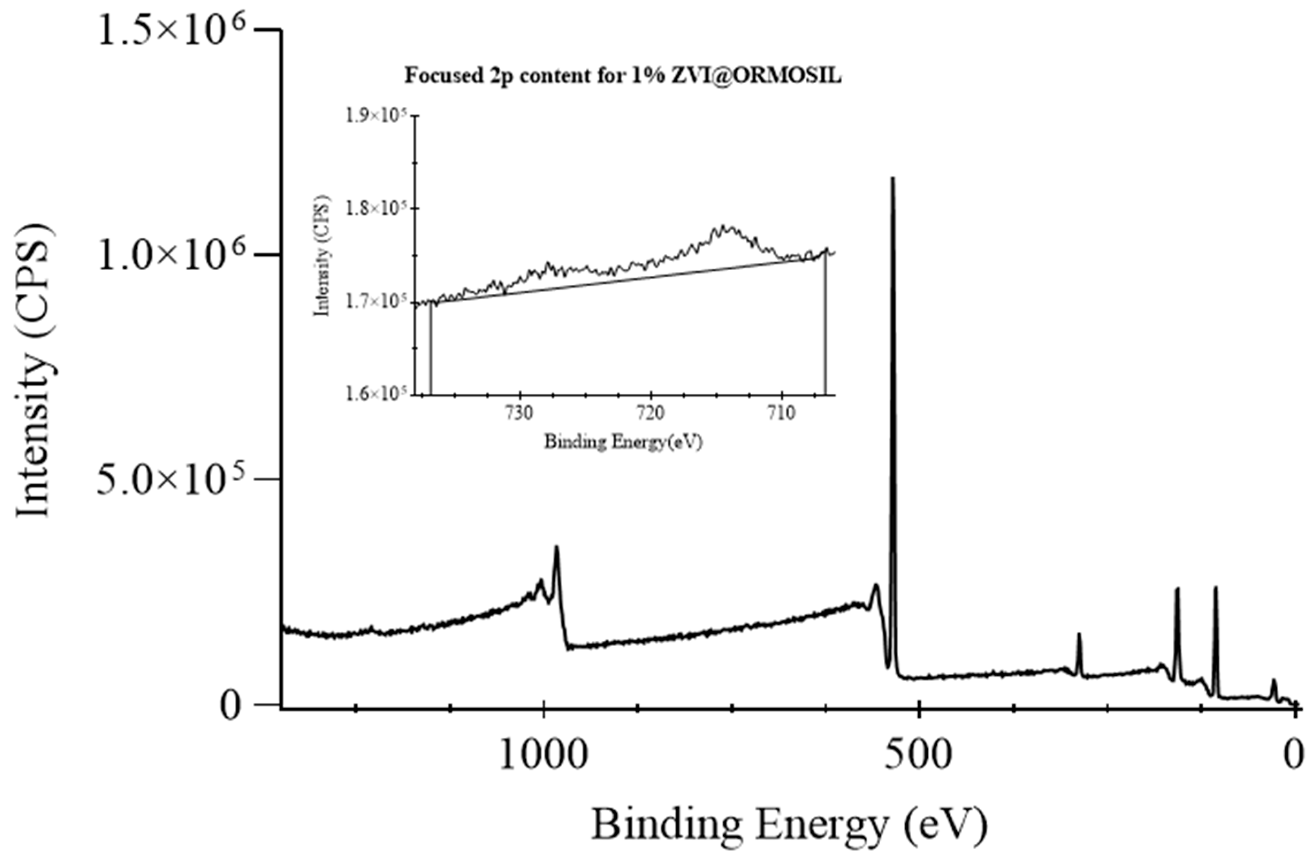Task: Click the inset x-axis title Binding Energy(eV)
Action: coord(623,442)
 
